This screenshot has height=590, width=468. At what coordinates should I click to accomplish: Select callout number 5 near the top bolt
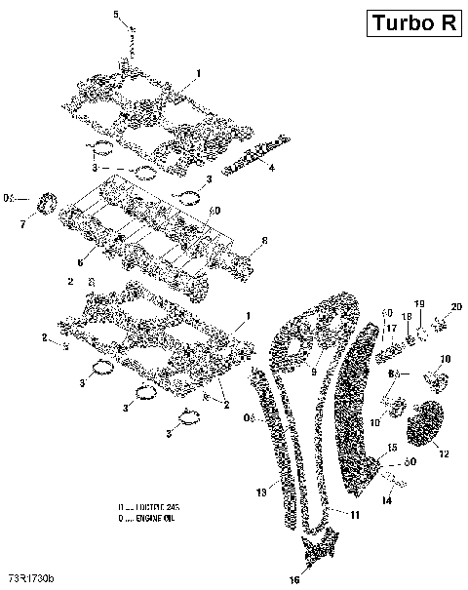pyautogui.click(x=116, y=14)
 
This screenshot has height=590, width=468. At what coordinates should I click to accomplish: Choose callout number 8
pyautogui.click(x=263, y=241)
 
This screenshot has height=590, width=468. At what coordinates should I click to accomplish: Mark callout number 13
pyautogui.click(x=260, y=493)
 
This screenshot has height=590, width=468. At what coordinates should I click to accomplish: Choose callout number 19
pyautogui.click(x=420, y=305)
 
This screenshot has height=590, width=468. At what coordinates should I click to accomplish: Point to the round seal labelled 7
pyautogui.click(x=44, y=208)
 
